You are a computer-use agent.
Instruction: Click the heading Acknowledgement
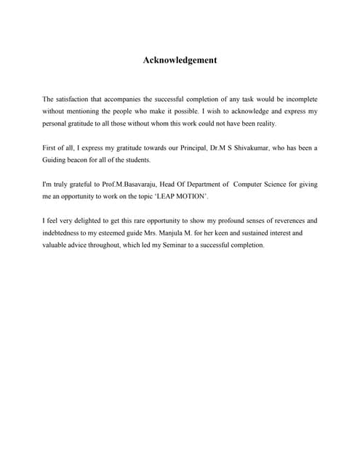180,60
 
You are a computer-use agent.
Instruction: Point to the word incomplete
299,99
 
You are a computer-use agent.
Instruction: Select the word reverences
290,220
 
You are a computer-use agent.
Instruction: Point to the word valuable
57,245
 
